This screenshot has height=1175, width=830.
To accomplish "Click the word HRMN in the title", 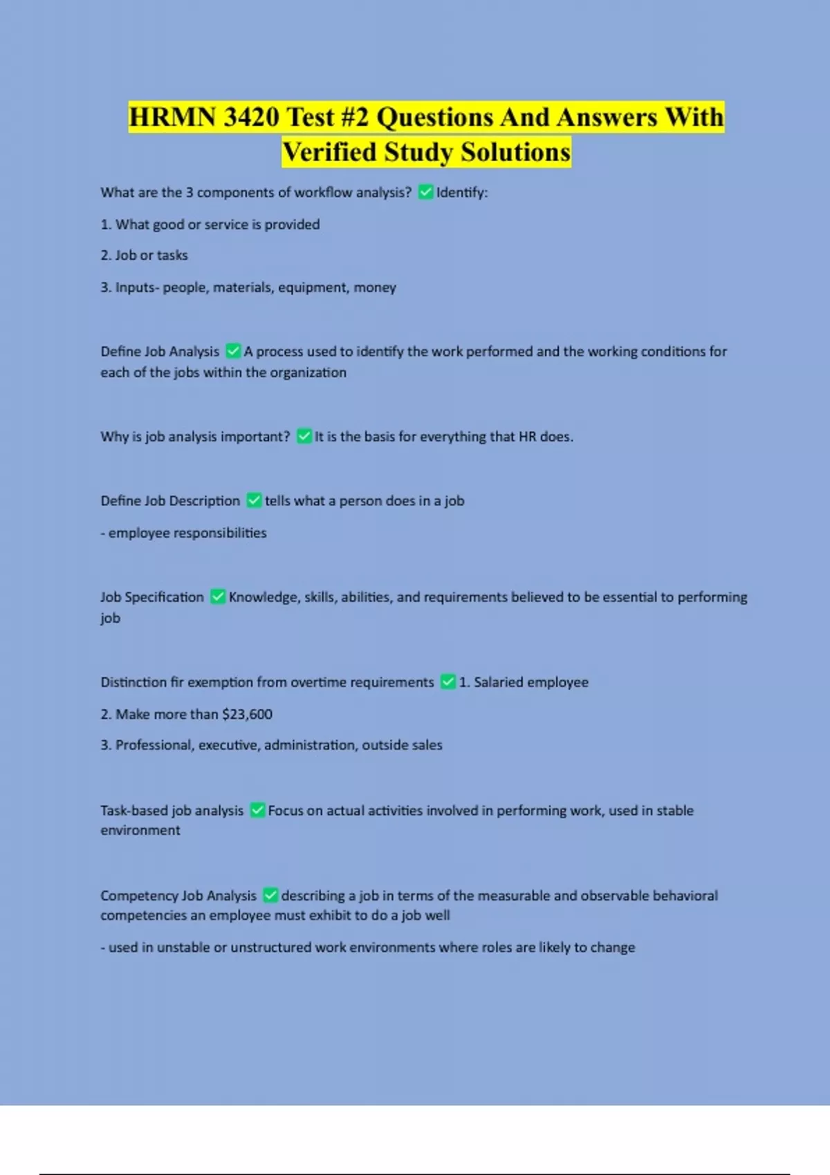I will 172,117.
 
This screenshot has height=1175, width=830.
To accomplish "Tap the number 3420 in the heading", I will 251,117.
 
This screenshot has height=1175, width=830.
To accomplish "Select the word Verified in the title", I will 330,152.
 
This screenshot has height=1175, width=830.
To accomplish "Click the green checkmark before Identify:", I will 426,192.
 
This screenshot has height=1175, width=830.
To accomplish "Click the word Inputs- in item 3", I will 137,287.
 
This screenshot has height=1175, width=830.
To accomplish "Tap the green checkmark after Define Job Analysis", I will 233,351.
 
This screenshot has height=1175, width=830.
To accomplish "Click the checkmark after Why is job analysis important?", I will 304,436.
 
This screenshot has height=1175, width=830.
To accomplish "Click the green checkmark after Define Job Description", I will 254,500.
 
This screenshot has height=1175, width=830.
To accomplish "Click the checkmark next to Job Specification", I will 218,596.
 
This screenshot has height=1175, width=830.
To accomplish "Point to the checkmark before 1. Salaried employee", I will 448,682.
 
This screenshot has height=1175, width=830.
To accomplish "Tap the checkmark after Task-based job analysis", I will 257,810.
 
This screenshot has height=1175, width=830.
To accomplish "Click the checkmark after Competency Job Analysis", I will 270,896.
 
